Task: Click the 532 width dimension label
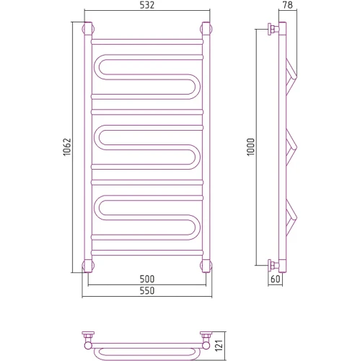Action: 147,5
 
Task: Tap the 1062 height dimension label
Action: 67,147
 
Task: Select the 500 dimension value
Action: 147,279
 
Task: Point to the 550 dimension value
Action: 147,290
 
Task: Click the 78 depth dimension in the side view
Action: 288,5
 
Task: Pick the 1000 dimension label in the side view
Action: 250,147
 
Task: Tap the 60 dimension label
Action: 276,279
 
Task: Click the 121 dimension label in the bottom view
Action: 219,346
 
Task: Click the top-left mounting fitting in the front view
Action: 87,29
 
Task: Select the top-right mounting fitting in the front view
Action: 206,29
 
